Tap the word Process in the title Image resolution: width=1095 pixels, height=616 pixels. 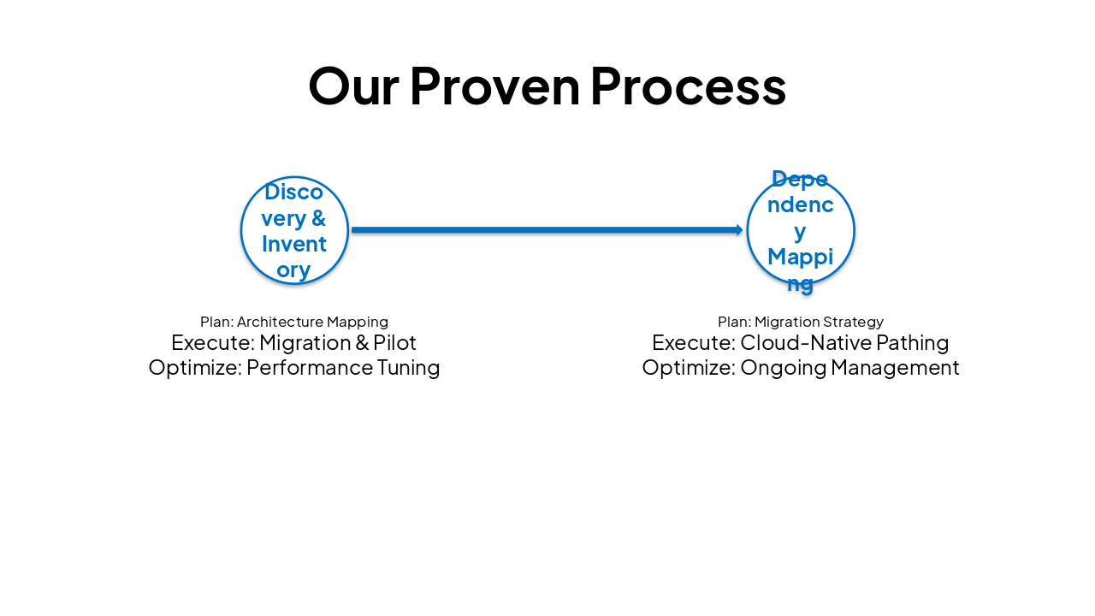[x=688, y=86]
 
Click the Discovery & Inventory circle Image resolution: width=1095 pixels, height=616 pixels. [x=294, y=230]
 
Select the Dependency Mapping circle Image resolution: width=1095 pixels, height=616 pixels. [x=801, y=230]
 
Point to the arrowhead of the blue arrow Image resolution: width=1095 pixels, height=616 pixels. [x=739, y=229]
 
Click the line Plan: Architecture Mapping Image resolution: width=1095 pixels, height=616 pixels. [x=294, y=322]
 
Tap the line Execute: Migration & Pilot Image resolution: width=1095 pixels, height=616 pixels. [x=294, y=343]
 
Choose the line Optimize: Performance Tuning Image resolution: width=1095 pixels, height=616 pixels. [x=294, y=368]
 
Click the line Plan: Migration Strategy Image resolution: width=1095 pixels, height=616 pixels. [x=801, y=322]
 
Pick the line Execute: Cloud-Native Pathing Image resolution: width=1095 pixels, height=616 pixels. [x=801, y=343]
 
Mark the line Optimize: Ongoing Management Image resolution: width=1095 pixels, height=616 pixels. [x=801, y=368]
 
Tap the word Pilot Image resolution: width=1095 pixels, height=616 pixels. [x=394, y=343]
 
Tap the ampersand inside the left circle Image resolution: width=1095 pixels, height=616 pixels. [x=319, y=218]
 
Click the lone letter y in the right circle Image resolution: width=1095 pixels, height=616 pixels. [x=800, y=232]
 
